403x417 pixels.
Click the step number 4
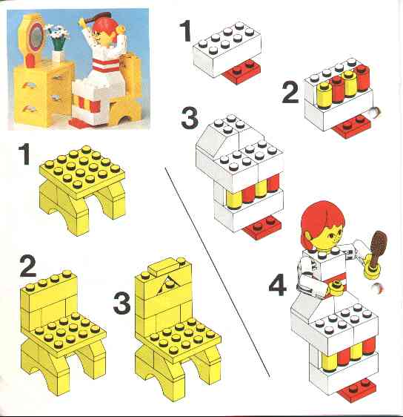[277, 286]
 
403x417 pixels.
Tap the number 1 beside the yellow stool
[24, 154]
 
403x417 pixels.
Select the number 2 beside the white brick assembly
[290, 93]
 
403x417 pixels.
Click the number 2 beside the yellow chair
[28, 266]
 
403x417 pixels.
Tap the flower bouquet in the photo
[58, 36]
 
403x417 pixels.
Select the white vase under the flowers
[58, 56]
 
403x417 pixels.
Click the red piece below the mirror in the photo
[30, 61]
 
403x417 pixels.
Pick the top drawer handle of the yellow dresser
[57, 77]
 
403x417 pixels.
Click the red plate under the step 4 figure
[356, 389]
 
